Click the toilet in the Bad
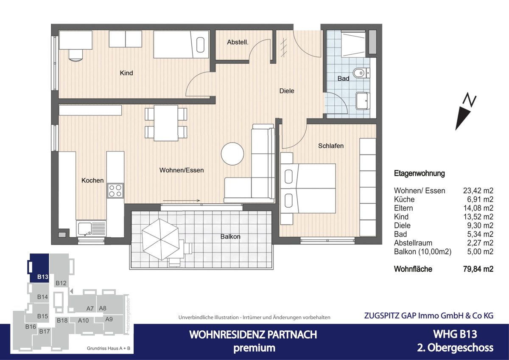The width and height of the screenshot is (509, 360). click(361, 73)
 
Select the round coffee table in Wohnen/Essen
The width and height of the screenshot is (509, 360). click(232, 153)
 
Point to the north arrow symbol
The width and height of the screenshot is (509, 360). click(465, 112)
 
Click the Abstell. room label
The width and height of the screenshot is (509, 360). click(238, 42)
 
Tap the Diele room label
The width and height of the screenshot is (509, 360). click(287, 91)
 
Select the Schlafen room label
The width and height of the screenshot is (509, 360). click(331, 146)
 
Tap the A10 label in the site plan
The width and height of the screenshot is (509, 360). click(84, 321)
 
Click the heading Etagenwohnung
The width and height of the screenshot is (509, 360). click(419, 173)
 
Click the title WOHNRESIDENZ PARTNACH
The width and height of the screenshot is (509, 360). click(253, 335)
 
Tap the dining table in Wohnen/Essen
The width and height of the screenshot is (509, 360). click(166, 123)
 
